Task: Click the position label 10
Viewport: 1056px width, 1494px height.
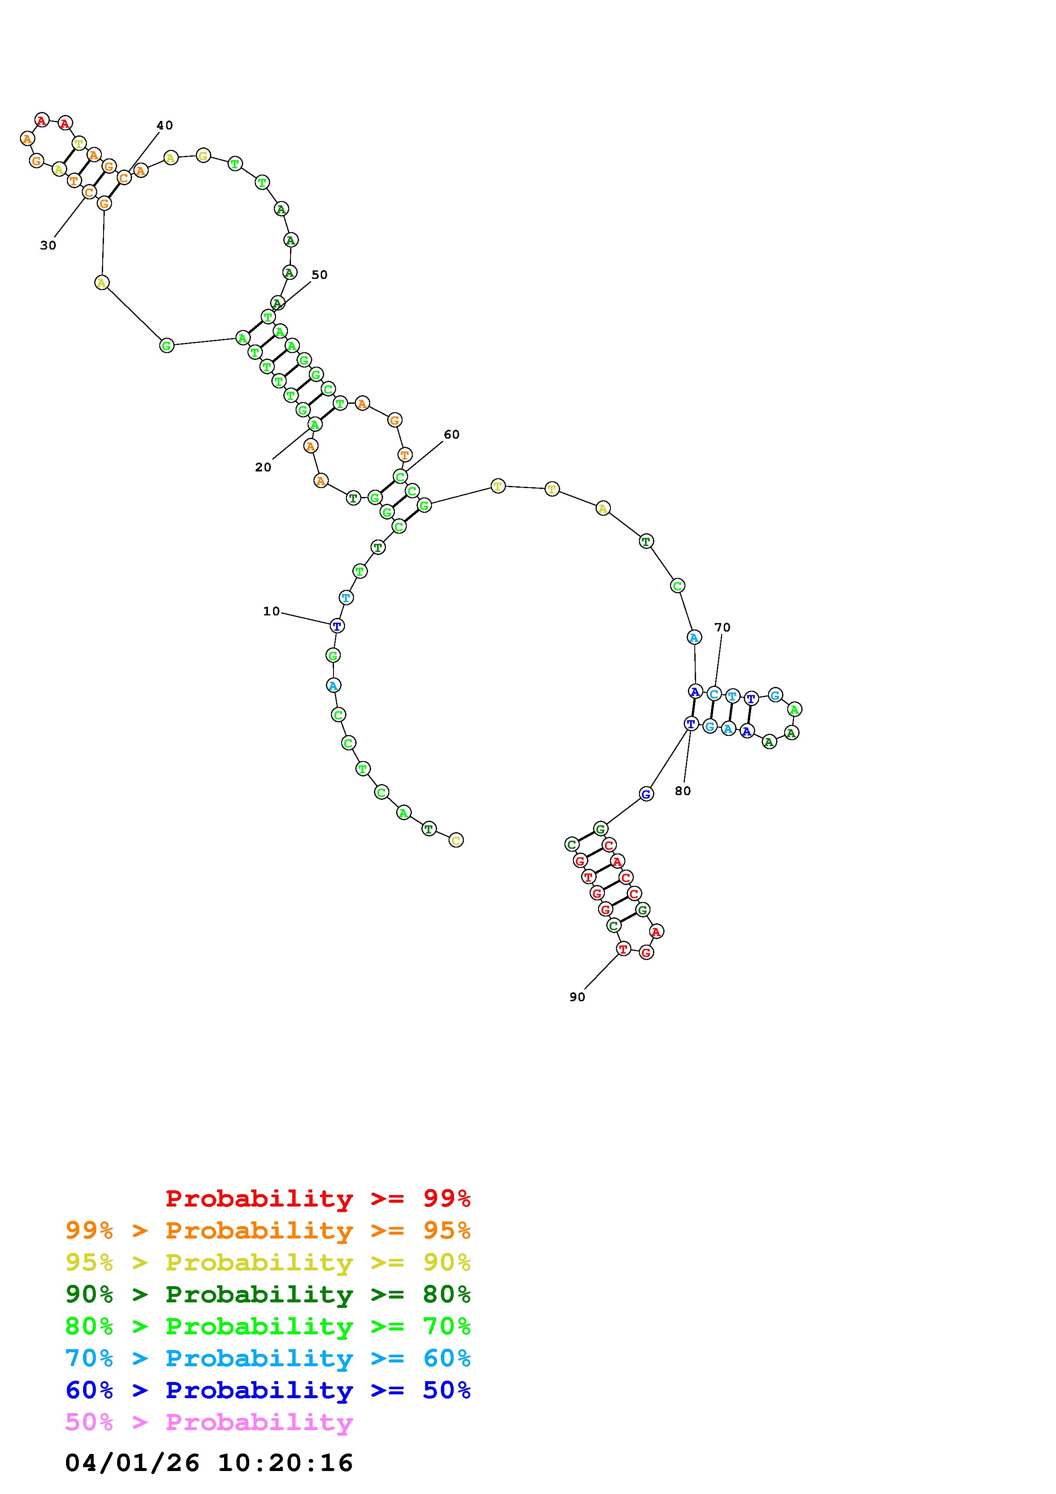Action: pyautogui.click(x=271, y=611)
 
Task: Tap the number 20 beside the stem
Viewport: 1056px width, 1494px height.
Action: pyautogui.click(x=263, y=467)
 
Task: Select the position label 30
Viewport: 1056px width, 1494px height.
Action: pyautogui.click(x=48, y=245)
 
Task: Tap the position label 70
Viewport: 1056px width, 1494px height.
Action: pyautogui.click(x=722, y=627)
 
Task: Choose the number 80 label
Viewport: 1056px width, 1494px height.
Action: pyautogui.click(x=682, y=790)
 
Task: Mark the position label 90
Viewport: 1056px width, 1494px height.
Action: pyautogui.click(x=577, y=997)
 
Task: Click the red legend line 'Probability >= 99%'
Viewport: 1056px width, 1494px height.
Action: pyautogui.click(x=318, y=1198)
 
